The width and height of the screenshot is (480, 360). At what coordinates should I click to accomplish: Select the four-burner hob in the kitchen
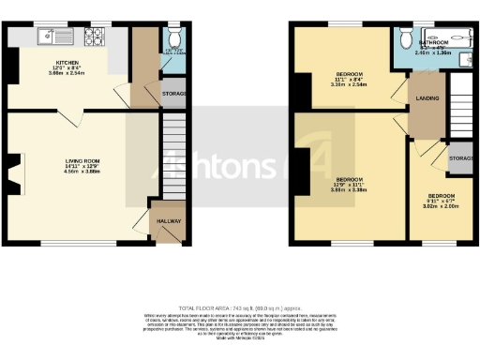click(96, 37)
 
